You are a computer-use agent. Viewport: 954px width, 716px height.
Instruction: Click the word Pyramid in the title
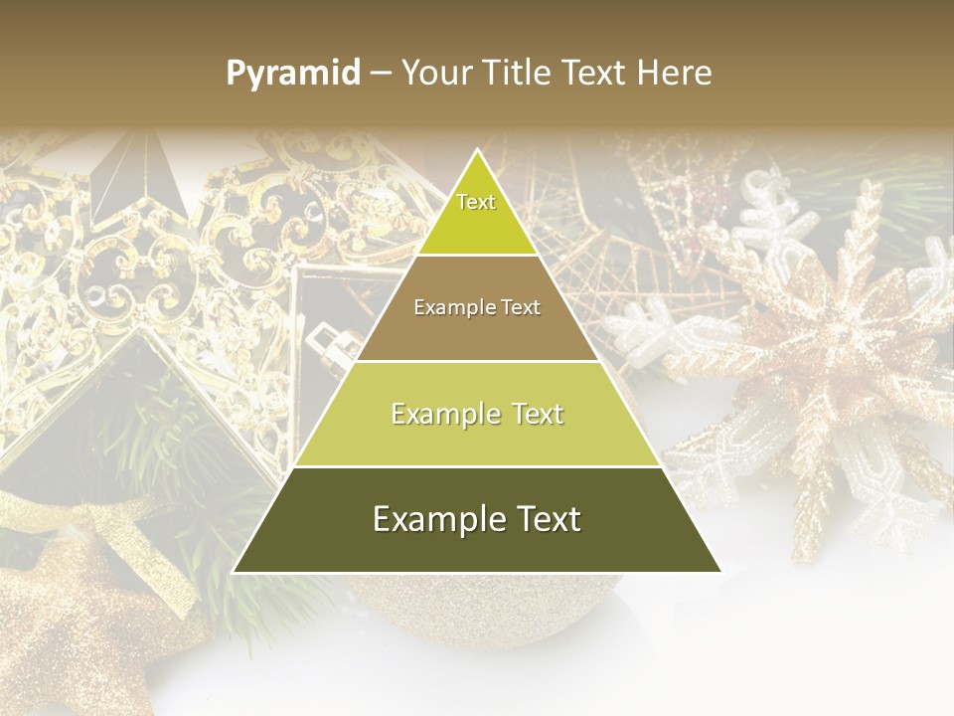coord(293,74)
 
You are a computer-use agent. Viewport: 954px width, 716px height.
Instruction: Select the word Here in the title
coord(674,74)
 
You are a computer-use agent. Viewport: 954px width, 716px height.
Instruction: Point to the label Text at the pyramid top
coord(476,202)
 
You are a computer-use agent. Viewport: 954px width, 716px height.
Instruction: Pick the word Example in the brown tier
coord(452,307)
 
